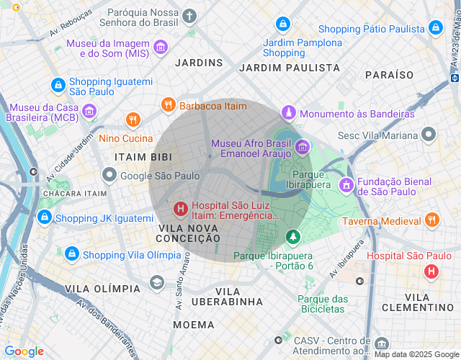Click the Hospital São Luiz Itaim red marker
click(x=180, y=210)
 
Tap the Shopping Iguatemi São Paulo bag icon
click(x=57, y=85)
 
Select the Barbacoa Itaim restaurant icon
click(x=168, y=106)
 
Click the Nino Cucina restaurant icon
click(x=133, y=120)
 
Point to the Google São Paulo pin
click(x=109, y=175)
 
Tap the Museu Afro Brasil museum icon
click(x=303, y=147)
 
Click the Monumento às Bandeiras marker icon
click(x=289, y=113)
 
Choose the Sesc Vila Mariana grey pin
click(x=429, y=135)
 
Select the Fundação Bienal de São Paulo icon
click(x=346, y=185)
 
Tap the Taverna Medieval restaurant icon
click(x=432, y=221)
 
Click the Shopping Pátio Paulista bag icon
click(x=435, y=28)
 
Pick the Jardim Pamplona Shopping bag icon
click(x=284, y=24)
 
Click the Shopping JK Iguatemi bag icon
click(x=45, y=217)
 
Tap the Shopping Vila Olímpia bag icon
click(x=71, y=254)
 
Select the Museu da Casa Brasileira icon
click(x=89, y=111)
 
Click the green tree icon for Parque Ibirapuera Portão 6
click(x=292, y=236)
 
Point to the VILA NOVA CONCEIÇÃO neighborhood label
click(x=189, y=233)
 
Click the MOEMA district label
click(x=194, y=325)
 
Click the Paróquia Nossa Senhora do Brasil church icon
click(x=189, y=16)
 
